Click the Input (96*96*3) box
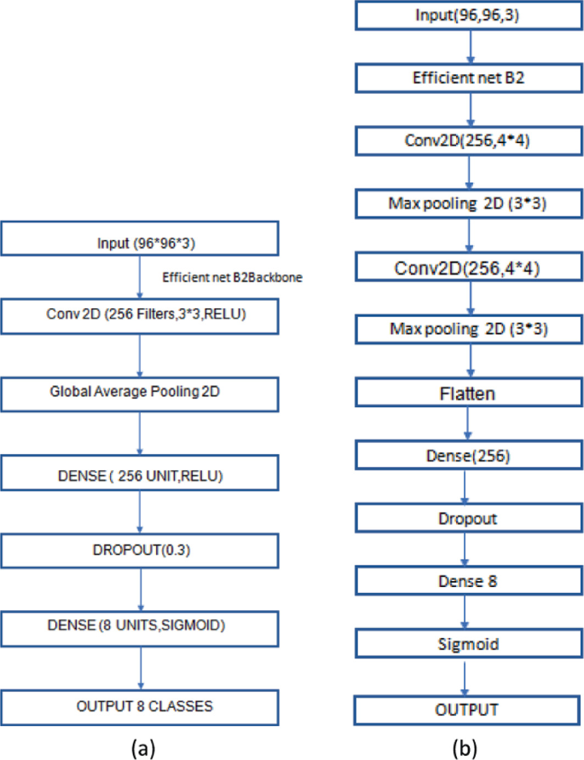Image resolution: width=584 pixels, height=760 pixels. tap(141, 239)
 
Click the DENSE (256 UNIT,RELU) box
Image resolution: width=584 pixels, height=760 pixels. tap(141, 473)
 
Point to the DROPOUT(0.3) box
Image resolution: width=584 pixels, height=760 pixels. tap(141, 551)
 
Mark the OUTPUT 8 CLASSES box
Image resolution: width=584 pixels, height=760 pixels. tap(141, 706)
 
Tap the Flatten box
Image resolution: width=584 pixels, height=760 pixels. tap(467, 394)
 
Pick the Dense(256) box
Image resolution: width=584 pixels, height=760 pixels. tap(467, 457)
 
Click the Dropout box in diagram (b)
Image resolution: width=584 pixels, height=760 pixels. tap(467, 518)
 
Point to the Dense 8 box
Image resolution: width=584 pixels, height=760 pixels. tap(467, 582)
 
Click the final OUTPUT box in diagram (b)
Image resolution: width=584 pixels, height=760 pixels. tap(467, 709)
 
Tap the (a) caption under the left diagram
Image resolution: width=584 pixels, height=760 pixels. tap(142, 747)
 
